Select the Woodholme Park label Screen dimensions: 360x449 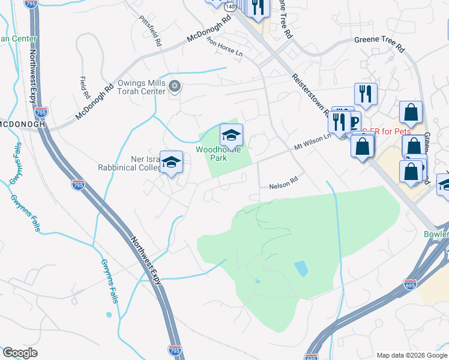click(218, 154)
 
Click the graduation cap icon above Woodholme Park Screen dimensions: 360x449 click(231, 135)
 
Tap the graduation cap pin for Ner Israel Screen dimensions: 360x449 click(171, 162)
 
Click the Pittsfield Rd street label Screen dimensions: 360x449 click(150, 31)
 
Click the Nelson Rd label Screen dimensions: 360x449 click(283, 183)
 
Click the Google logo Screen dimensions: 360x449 click(20, 352)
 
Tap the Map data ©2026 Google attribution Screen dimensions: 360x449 click(411, 355)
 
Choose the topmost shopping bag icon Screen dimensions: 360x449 click(411, 112)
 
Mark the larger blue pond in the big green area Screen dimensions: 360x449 click(301, 268)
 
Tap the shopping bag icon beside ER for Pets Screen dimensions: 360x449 click(363, 146)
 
